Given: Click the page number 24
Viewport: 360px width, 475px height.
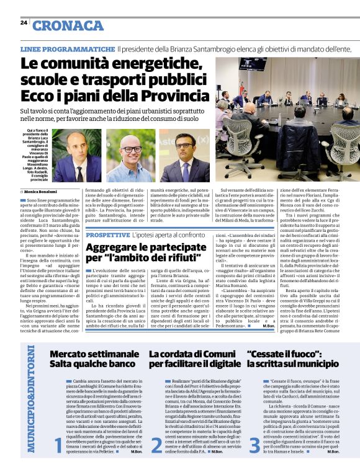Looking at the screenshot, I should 24,22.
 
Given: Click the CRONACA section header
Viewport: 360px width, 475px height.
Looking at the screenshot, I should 68,25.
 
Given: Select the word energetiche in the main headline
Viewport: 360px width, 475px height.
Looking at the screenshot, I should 158,64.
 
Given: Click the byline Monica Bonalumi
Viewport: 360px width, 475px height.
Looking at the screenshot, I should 43,192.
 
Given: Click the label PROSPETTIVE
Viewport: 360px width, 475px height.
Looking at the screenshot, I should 107,235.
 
